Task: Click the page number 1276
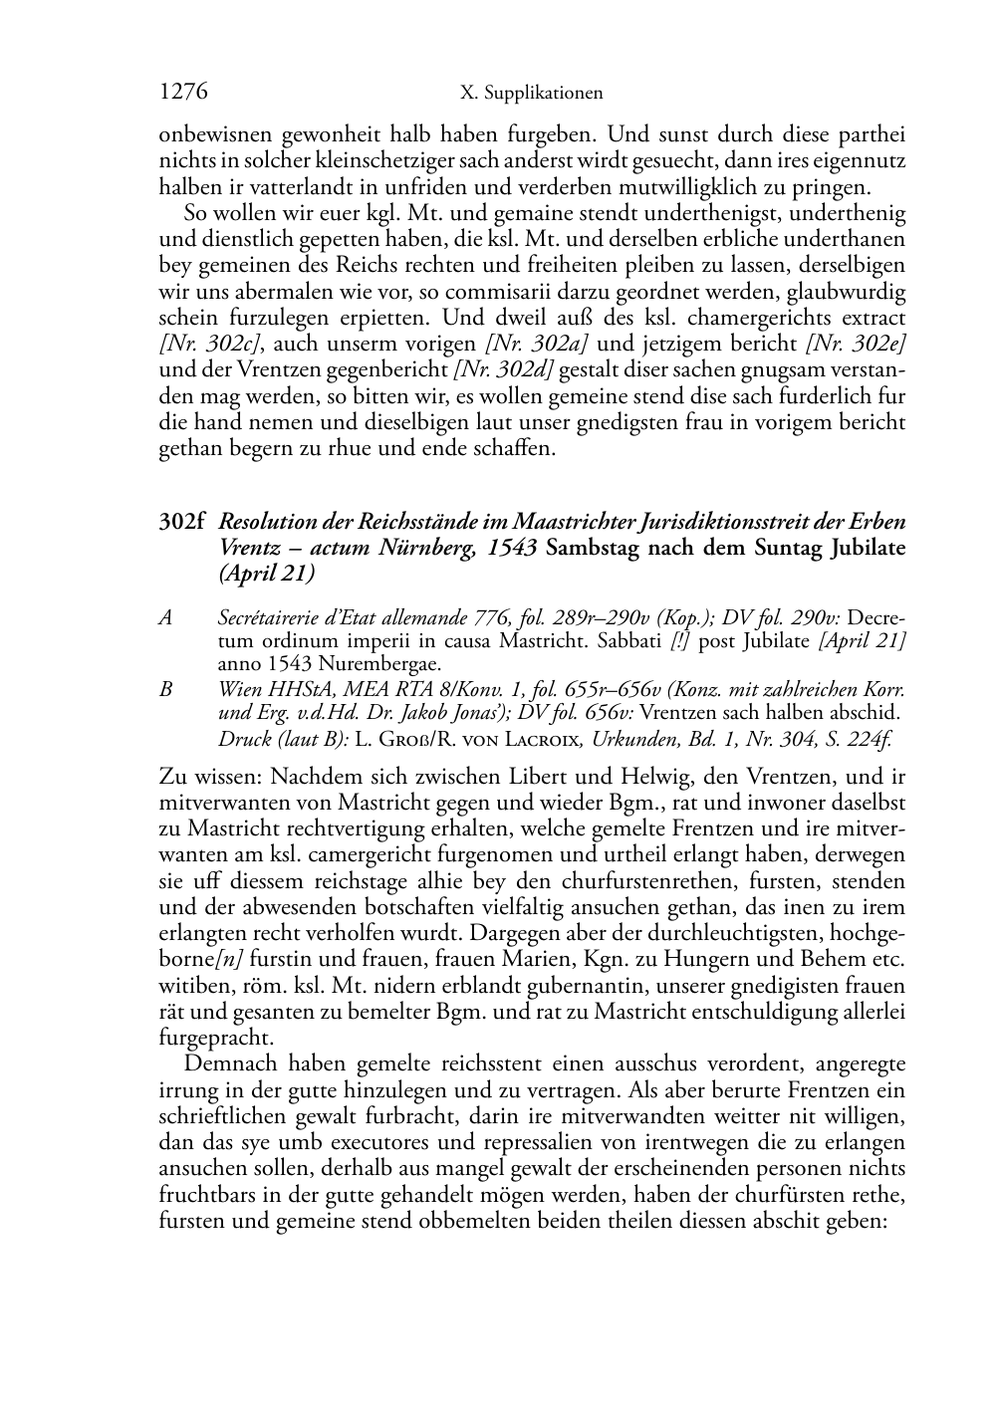(183, 93)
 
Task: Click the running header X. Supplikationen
(532, 94)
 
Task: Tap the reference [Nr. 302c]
(211, 345)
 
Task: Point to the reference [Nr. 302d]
(504, 370)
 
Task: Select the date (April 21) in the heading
(266, 575)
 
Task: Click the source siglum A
(165, 618)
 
